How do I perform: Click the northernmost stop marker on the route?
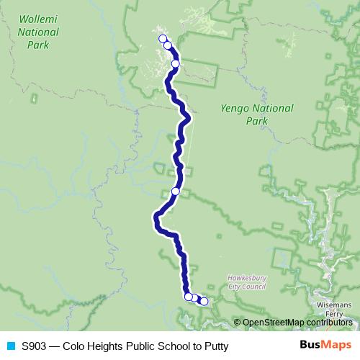tap(163, 39)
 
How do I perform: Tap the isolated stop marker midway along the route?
tap(175, 192)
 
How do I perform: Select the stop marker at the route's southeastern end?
tap(204, 302)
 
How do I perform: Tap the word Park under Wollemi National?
tap(37, 45)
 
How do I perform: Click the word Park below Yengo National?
tap(257, 121)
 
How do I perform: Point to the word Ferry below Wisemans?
tap(335, 314)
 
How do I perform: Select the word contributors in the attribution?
tap(329, 323)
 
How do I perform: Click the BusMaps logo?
tap(326, 346)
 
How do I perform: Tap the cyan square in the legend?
tap(10, 346)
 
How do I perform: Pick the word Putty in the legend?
tap(215, 346)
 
